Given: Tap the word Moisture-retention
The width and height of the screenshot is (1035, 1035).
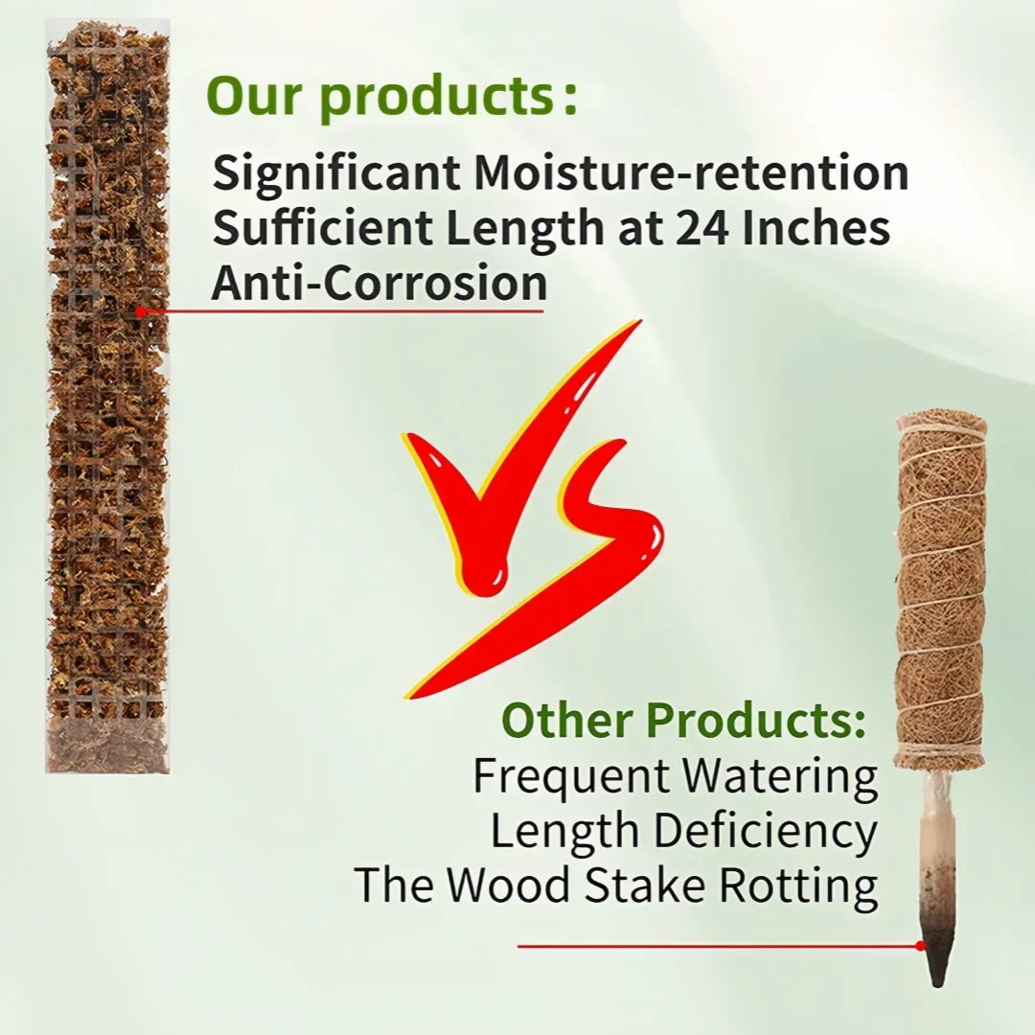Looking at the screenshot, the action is [x=691, y=172].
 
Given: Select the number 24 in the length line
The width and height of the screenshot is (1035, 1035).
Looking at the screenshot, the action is [x=701, y=228].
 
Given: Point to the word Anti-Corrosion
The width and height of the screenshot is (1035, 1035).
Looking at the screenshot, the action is [x=379, y=283].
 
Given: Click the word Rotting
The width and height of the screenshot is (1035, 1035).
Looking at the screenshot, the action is [x=798, y=885].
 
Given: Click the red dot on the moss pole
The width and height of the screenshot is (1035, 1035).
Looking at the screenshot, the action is [x=140, y=311].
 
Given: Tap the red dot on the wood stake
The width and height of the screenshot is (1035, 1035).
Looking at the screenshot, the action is [x=921, y=946].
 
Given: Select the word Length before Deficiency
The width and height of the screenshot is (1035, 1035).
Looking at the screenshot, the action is [x=564, y=832].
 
